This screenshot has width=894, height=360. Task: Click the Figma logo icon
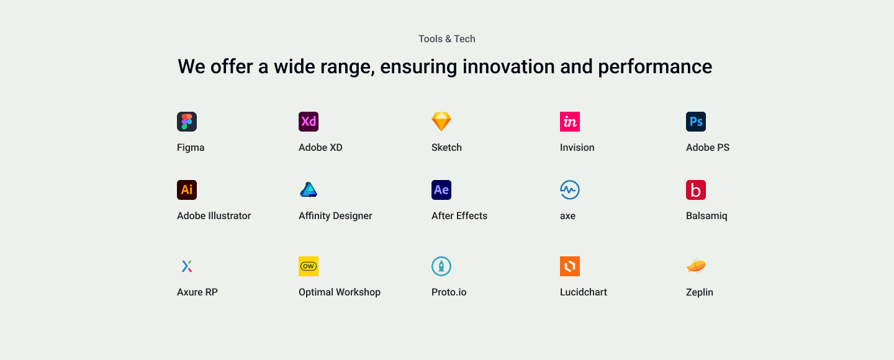(x=187, y=122)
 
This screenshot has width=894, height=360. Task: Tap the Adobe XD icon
(x=309, y=122)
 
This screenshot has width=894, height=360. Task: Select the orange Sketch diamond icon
(x=441, y=122)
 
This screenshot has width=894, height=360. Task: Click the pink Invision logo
(x=570, y=122)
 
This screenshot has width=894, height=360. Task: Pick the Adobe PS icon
(x=696, y=122)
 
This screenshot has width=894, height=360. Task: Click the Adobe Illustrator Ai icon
(x=187, y=190)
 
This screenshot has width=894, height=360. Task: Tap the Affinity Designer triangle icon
(x=309, y=190)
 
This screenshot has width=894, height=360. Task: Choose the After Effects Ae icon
(x=441, y=190)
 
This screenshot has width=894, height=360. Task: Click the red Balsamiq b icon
(x=696, y=190)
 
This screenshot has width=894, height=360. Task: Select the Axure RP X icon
(x=187, y=266)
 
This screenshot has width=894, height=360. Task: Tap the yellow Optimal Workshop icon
(x=309, y=266)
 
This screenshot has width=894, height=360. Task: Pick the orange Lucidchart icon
(x=570, y=266)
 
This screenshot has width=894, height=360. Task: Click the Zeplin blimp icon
(x=696, y=266)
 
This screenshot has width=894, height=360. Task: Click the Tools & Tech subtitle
(x=446, y=39)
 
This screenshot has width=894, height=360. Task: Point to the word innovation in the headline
(x=508, y=66)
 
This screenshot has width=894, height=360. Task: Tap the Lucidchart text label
(x=583, y=292)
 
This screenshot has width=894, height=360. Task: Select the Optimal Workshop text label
(x=339, y=292)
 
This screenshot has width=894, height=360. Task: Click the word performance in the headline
(x=655, y=67)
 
